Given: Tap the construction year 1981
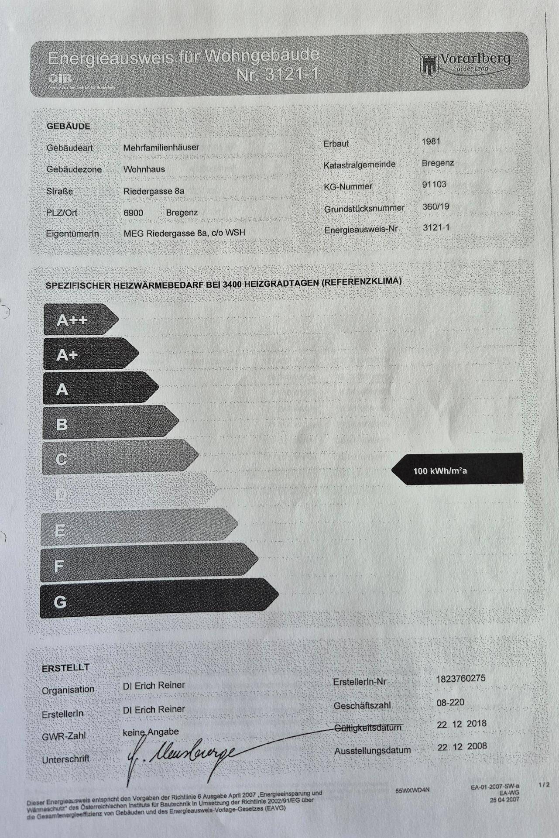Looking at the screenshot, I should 431,141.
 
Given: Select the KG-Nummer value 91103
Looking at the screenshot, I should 434,184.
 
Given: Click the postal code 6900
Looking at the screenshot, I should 133,213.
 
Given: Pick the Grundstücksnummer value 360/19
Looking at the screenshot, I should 436,206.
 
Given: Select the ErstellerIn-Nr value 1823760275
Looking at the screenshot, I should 460,679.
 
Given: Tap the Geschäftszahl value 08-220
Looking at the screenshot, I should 450,702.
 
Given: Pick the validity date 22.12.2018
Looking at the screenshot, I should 462,724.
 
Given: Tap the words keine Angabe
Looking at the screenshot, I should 151,732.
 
